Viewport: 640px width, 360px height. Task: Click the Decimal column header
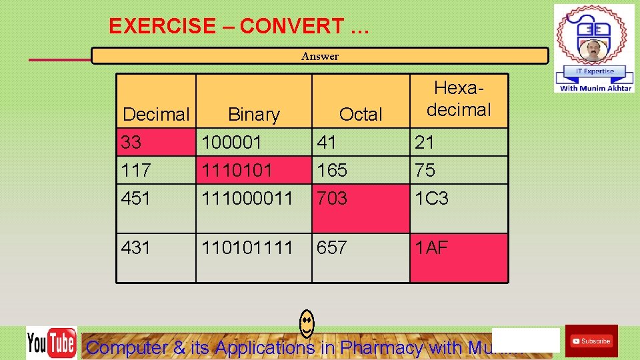coord(156,115)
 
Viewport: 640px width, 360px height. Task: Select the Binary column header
coord(254,115)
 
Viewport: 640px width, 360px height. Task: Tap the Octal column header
coord(361,115)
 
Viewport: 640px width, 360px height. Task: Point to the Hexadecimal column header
coord(459,99)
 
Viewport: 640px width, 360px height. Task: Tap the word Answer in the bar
coord(320,57)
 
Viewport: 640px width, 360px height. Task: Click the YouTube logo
coord(51,343)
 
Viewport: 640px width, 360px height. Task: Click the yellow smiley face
coord(307,323)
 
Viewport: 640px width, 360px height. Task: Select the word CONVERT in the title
coord(291,26)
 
